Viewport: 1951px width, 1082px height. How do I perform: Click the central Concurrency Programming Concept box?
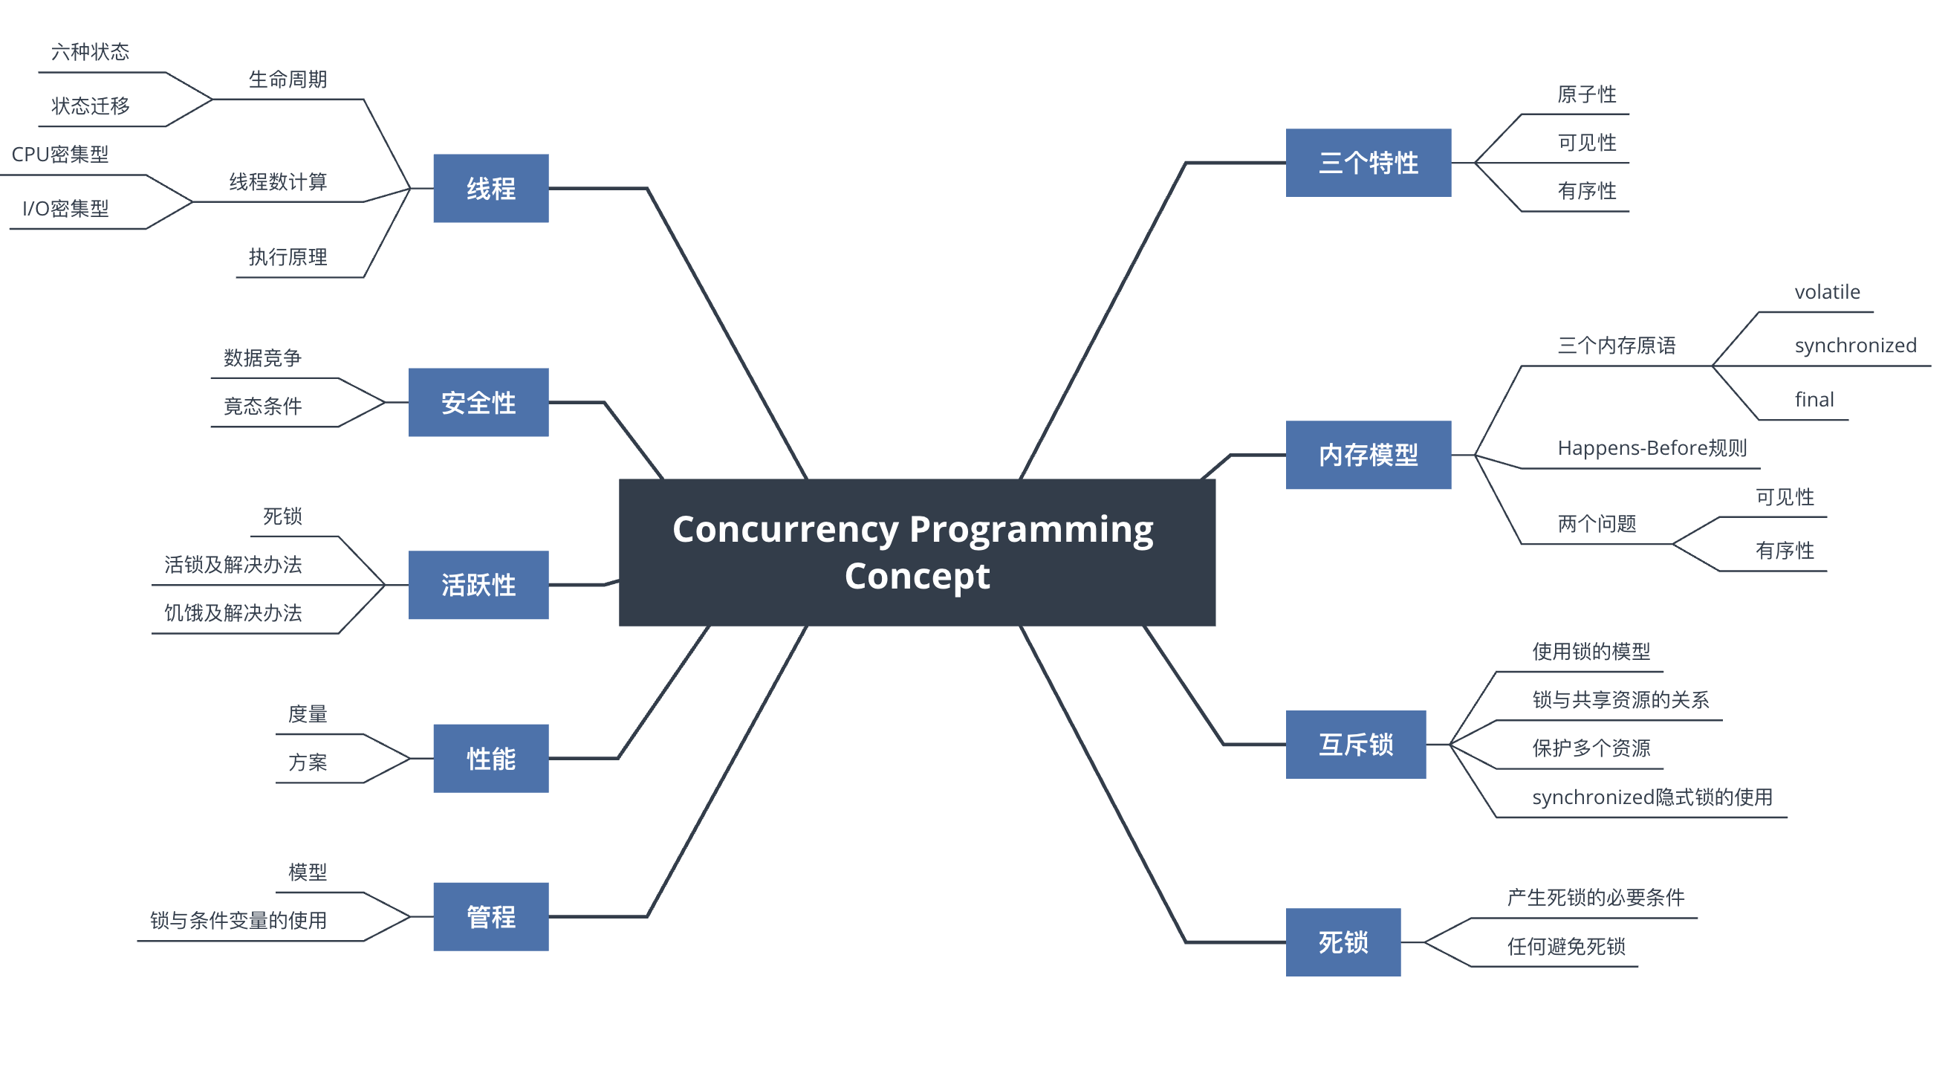pos(918,552)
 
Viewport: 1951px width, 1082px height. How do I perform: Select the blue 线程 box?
pos(491,188)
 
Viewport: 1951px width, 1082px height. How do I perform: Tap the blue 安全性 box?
pos(478,402)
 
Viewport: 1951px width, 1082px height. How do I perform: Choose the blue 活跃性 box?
pos(478,585)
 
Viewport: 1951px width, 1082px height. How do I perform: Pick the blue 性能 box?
pos(491,759)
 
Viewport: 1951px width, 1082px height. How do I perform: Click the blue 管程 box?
pos(491,917)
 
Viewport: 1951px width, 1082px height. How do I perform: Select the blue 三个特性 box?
pos(1369,163)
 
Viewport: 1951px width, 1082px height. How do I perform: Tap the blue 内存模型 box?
pos(1369,455)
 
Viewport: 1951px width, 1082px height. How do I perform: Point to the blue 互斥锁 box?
pos(1356,745)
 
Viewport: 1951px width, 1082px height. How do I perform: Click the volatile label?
pos(1827,292)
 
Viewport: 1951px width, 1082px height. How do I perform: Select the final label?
pos(1814,399)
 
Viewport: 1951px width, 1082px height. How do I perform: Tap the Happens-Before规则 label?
pos(1652,448)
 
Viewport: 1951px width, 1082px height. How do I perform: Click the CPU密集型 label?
pos(60,155)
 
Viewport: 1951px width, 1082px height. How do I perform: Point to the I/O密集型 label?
pos(65,208)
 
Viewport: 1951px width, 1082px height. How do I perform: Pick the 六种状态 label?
pos(90,51)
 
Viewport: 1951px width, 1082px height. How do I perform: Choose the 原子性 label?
pos(1587,94)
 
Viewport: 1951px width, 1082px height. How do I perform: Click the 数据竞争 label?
pos(262,357)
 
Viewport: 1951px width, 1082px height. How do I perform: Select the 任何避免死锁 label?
pos(1566,946)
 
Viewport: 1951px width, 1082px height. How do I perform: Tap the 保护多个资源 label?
pos(1591,748)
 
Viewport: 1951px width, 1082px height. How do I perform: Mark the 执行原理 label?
pos(288,257)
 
